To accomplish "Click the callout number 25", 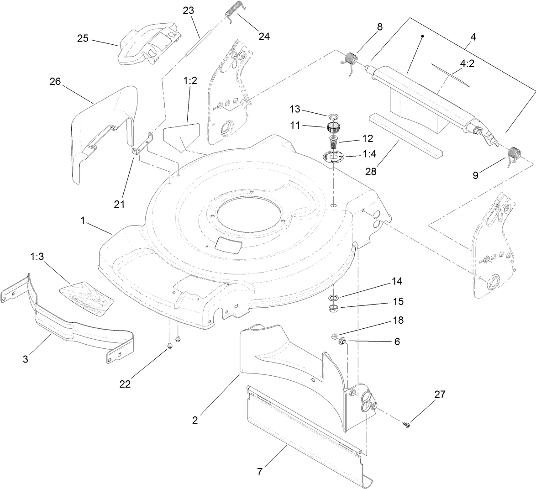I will coord(83,38).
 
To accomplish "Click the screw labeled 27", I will coord(406,425).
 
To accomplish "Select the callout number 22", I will coord(125,384).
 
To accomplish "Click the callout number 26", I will coord(55,82).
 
